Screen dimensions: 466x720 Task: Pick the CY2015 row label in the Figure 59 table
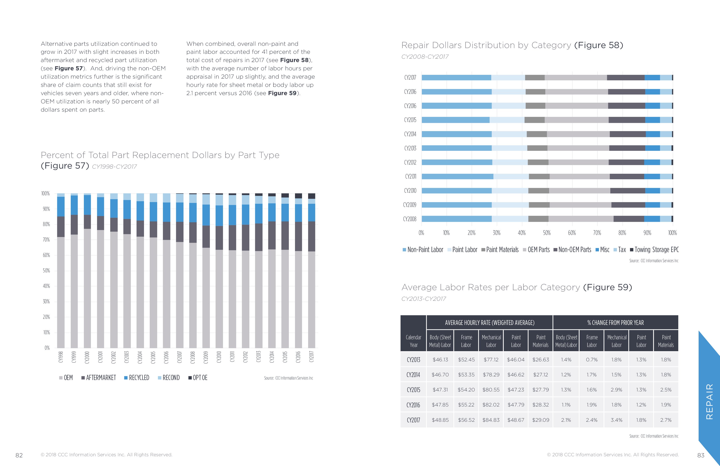413,390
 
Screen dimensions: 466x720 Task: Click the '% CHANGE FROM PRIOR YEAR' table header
615,323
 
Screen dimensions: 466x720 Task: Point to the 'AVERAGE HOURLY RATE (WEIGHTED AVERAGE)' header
489,323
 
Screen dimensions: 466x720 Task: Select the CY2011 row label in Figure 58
411,176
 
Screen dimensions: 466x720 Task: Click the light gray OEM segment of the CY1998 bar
61,292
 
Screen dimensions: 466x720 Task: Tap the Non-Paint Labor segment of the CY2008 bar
457,219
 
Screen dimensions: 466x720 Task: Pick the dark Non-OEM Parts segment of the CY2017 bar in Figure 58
625,78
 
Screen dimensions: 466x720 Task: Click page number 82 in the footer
19,455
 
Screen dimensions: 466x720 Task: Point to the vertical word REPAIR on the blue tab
709,401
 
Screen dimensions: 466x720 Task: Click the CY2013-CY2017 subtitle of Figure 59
424,299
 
